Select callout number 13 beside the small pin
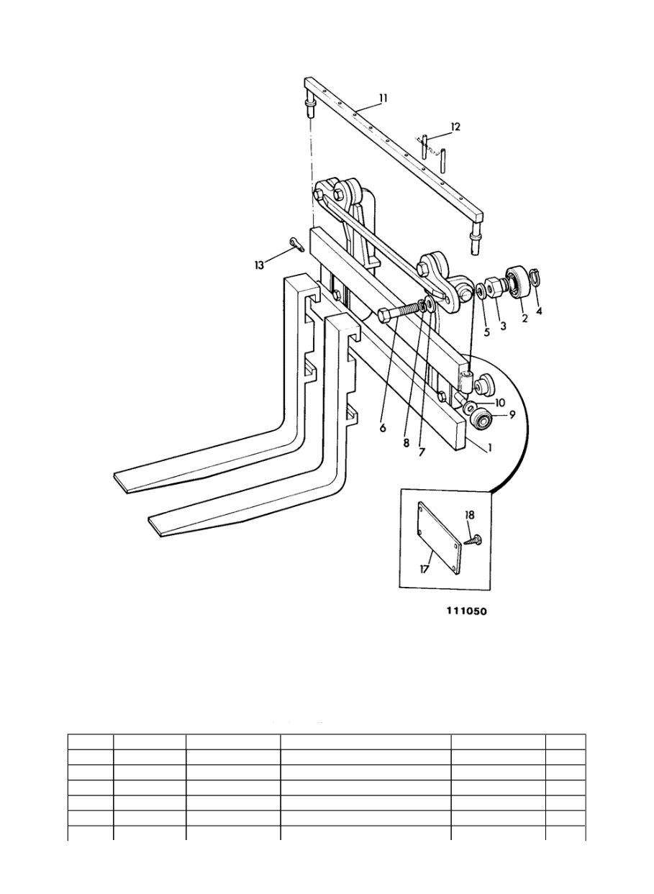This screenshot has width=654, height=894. coord(259,265)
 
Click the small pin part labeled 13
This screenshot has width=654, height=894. coord(298,245)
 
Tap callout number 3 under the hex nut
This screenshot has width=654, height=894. coord(503,326)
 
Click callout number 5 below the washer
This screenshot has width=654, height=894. coord(486,332)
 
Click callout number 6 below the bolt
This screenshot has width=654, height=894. coord(383,427)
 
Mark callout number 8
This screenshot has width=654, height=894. coord(407,444)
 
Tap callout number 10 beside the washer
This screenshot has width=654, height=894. coord(499,402)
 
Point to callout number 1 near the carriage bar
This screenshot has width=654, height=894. coord(489,447)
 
